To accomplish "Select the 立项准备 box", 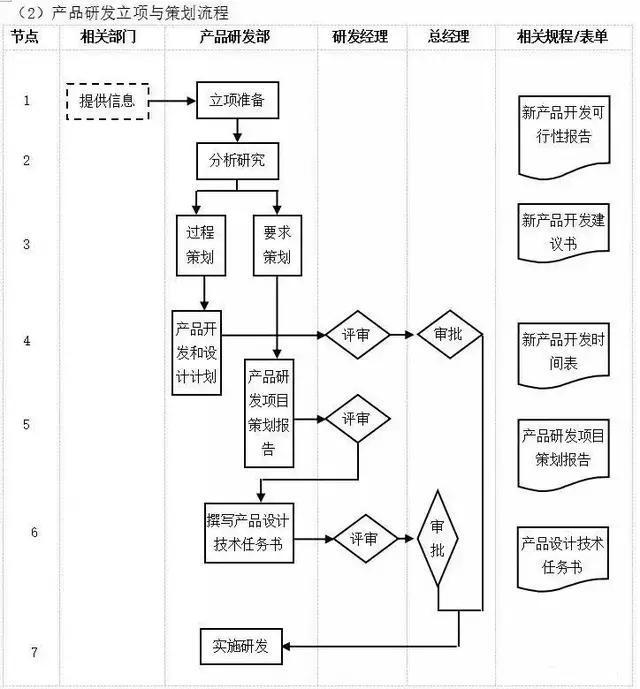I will coord(237,100).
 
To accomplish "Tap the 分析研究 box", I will coord(237,160).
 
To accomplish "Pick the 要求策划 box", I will coord(277,243).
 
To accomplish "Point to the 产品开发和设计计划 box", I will coord(196,352).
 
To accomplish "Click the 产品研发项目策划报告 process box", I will coord(269,413).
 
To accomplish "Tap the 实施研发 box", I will coord(241,646).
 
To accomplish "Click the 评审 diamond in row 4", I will coord(357,335).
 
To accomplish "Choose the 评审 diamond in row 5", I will coord(357,418).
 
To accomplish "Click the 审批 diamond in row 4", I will coord(449,335).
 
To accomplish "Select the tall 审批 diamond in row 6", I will coord(438,538).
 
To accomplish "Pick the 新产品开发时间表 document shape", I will coord(562,352).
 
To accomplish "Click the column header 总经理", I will coord(449,37).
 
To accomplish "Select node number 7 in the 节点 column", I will coord(34,652).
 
